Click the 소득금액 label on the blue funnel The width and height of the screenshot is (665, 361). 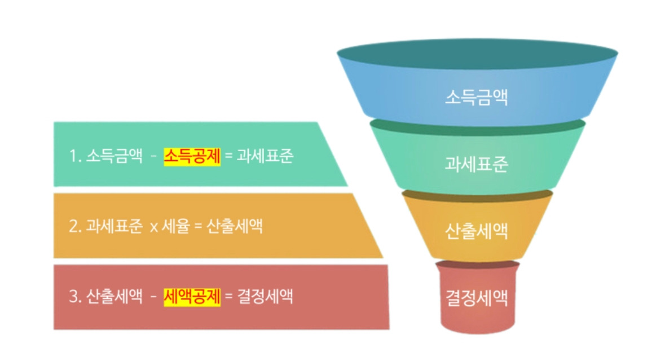[477, 97]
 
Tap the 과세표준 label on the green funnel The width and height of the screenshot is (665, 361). [477, 164]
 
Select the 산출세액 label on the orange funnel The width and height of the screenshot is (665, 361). [477, 231]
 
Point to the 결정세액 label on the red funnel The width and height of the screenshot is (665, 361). [477, 297]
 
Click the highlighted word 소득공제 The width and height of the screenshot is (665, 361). [192, 156]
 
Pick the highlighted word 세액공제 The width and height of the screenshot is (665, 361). [192, 296]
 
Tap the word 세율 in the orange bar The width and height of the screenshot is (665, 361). [175, 227]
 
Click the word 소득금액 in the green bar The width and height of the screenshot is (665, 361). [114, 156]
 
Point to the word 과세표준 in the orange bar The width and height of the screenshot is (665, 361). [114, 227]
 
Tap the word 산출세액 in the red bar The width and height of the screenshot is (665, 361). [114, 296]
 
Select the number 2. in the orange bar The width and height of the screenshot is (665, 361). [76, 227]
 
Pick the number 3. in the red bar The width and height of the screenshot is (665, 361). [76, 297]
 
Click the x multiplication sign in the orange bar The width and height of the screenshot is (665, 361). [153, 228]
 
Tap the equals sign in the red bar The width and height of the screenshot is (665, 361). [228, 297]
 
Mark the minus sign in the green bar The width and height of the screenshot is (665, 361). [153, 157]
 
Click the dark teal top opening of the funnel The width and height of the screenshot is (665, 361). [477, 55]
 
